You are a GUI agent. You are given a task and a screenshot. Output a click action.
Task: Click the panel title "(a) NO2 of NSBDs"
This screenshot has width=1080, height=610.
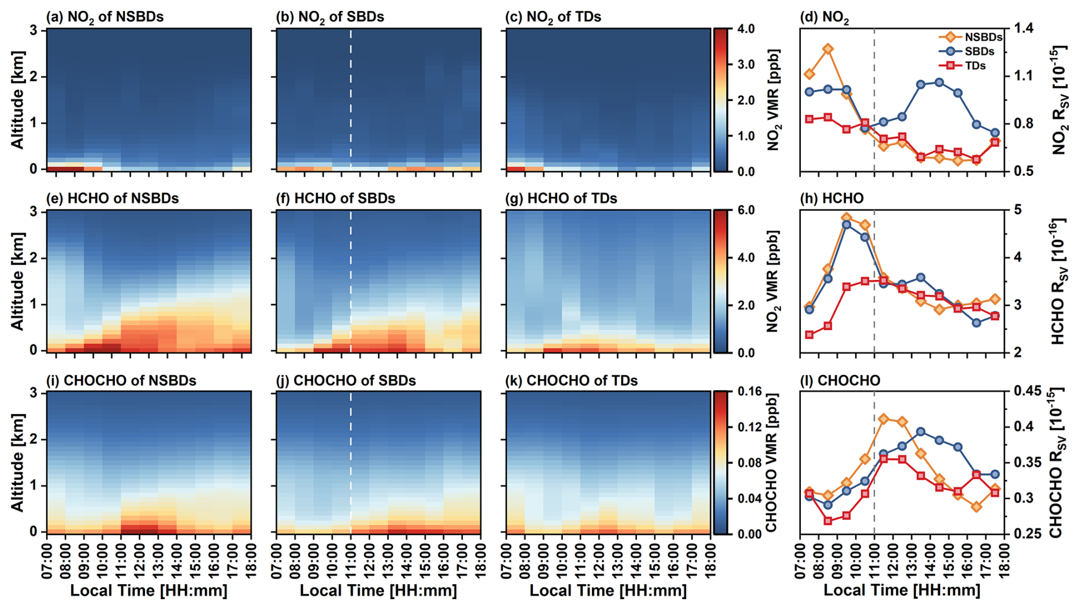click(105, 17)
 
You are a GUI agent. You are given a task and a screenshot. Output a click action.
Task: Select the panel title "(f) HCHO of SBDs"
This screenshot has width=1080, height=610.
click(336, 199)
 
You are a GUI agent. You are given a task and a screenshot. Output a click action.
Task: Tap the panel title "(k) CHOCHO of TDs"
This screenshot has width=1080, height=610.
click(571, 381)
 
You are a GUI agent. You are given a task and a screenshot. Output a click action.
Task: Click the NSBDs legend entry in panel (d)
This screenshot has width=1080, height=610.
click(971, 37)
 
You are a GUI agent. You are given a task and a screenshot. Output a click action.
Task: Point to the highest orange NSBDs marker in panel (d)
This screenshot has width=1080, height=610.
click(828, 49)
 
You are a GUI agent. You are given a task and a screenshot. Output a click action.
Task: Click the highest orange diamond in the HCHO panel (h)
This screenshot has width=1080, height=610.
click(847, 218)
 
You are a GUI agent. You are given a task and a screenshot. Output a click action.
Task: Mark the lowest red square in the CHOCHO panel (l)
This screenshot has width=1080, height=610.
click(828, 521)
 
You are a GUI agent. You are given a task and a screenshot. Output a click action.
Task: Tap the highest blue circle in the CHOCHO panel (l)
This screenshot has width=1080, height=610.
click(921, 432)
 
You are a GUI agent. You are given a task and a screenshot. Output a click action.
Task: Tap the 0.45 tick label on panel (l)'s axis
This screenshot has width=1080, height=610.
click(1026, 392)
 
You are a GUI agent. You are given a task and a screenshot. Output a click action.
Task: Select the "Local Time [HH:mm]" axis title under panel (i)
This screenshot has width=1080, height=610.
click(148, 591)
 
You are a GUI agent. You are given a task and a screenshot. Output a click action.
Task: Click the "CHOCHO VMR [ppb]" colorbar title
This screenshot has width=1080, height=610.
click(772, 463)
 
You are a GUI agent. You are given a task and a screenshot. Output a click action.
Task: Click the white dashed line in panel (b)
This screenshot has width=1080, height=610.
click(350, 97)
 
